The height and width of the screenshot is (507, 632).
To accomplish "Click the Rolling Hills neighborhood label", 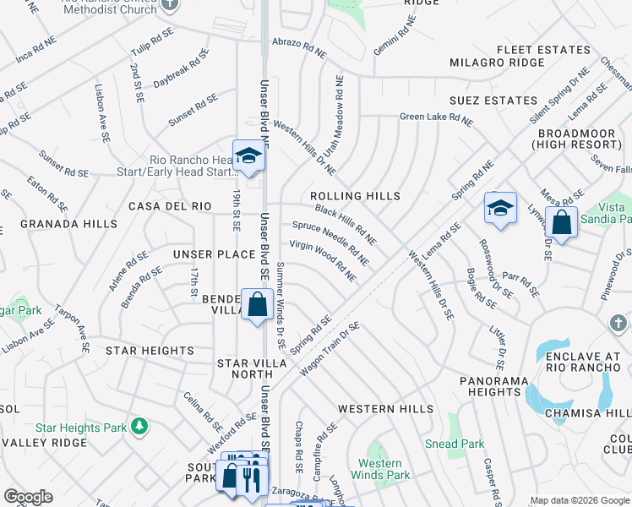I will click(355, 196).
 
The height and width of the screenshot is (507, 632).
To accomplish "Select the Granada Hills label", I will click(57, 224).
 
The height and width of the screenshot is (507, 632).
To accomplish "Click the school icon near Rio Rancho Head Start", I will click(248, 156).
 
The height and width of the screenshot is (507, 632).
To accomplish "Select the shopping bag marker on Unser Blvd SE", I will click(257, 304).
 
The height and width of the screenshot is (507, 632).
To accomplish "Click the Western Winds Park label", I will click(380, 469).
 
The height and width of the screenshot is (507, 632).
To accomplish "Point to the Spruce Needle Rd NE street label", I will click(330, 239).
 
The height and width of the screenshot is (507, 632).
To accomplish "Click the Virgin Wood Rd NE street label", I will click(323, 259).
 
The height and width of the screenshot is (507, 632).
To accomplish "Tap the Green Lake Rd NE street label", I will click(436, 118).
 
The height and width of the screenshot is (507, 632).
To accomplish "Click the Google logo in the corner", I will click(29, 497).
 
